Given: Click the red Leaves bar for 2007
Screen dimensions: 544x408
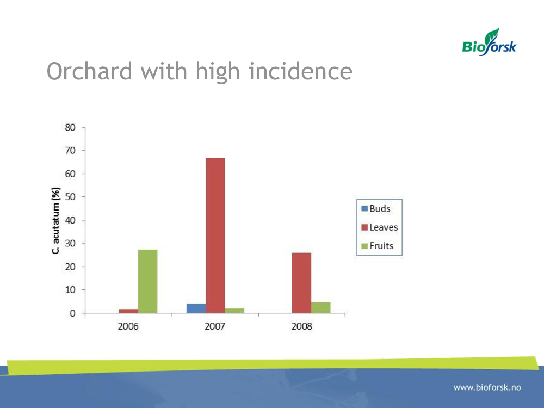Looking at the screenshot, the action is tap(215, 236).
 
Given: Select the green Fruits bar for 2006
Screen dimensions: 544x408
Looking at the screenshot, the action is tap(148, 281).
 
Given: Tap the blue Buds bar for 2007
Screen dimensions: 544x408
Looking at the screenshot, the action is tap(196, 308).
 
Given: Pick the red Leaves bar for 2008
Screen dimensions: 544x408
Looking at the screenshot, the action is tap(301, 283).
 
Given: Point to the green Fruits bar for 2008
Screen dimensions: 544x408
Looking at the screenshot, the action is tap(320, 308).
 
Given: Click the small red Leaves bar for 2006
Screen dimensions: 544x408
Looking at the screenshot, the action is tap(128, 311).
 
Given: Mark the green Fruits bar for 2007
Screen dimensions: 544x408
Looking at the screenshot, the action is tap(234, 311).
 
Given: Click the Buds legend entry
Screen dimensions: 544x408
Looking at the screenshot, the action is tap(376, 208).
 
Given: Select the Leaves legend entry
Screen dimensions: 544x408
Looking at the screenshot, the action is tap(380, 227).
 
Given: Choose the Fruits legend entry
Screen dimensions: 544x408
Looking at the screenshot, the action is tap(378, 246).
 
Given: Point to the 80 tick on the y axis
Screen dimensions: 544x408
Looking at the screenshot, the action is tap(70, 127).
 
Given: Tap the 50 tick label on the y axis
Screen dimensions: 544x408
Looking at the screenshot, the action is tap(70, 197).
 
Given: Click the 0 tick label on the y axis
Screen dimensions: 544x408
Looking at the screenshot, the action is tap(72, 313).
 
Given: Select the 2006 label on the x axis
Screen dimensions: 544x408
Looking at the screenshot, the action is tap(128, 326).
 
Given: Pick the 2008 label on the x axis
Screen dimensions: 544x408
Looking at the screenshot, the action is tap(302, 326).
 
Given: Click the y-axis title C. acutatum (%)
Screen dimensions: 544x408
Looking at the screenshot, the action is tap(56, 221).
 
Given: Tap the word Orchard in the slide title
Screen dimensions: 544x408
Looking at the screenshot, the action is tap(90, 71).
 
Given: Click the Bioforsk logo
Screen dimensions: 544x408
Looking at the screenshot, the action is tap(489, 42).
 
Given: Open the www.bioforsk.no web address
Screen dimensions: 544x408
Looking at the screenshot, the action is tap(487, 387).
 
